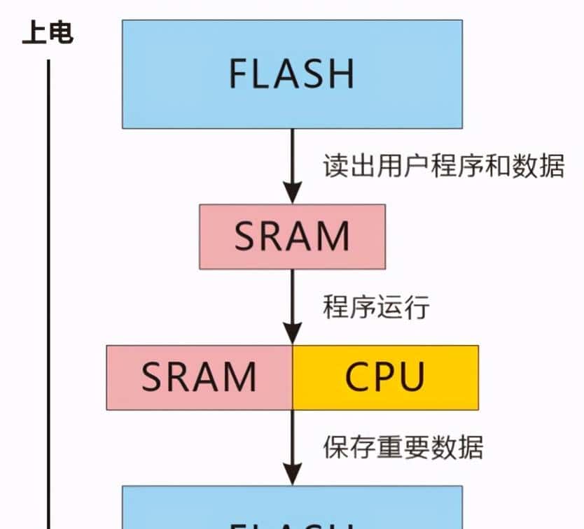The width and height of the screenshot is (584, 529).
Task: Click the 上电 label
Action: point(48,33)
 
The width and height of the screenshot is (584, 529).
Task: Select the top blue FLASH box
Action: point(292,73)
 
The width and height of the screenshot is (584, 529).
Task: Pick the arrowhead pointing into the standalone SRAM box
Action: point(292,192)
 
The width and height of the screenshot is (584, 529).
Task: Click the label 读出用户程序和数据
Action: point(443,167)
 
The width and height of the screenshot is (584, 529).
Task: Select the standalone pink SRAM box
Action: point(292,237)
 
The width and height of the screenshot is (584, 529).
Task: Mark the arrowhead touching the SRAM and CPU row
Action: point(292,333)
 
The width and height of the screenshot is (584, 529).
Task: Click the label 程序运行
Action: point(375,306)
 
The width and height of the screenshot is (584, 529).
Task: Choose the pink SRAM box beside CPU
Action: point(199,377)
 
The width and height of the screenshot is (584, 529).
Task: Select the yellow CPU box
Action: point(385,377)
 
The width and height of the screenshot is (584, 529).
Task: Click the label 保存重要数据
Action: point(403,446)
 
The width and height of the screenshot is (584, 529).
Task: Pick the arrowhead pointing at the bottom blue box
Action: point(292,474)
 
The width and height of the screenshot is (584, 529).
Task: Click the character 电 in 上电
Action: point(61,33)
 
